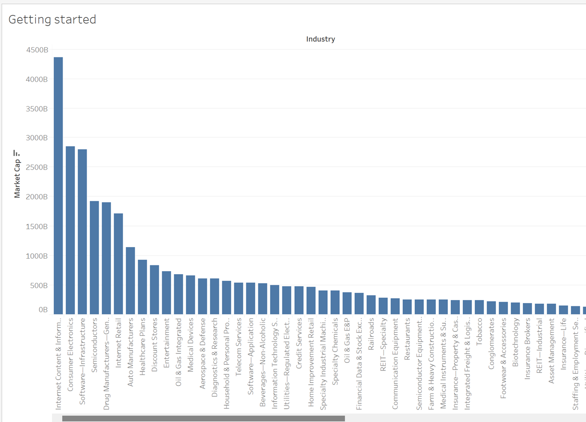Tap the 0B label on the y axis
tap(43, 310)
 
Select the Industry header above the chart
tap(320, 39)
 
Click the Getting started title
tap(52, 19)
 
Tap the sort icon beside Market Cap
tap(17, 153)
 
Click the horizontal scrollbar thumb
tap(204, 418)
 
